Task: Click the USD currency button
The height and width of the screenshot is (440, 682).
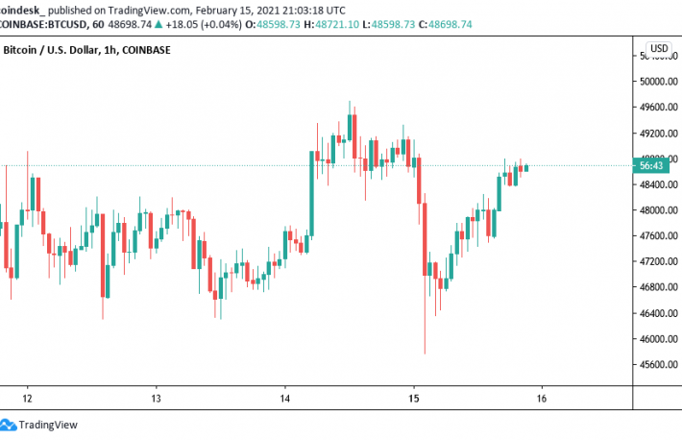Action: click(659, 48)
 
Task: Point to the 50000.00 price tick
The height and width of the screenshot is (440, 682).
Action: click(660, 82)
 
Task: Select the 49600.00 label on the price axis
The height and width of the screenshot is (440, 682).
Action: click(660, 134)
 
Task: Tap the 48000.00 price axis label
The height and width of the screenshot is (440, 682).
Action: click(660, 210)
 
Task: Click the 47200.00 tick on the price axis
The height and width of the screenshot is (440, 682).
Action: click(660, 261)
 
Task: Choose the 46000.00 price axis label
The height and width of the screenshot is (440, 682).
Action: click(660, 339)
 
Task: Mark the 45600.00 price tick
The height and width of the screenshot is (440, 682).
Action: click(660, 365)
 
